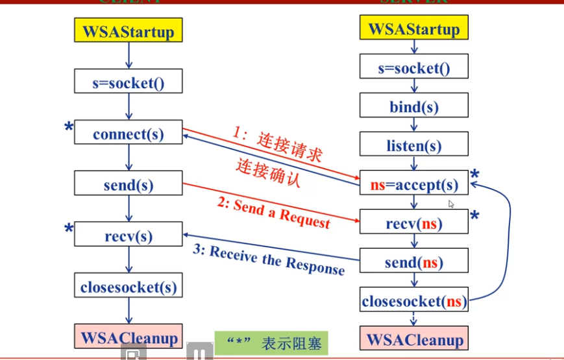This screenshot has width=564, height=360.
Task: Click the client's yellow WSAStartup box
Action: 129,31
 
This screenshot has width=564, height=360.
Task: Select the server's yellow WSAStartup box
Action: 413,29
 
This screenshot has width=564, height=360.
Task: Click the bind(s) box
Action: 413,106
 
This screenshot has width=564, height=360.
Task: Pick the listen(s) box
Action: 413,145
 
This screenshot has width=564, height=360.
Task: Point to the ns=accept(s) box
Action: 413,184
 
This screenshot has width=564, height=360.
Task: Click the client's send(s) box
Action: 129,184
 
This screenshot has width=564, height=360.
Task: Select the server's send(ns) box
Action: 413,261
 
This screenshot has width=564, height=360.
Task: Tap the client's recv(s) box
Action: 129,235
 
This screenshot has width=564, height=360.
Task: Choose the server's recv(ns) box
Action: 413,223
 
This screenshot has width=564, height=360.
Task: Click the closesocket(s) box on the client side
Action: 129,285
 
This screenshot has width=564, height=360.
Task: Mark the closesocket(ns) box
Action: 413,300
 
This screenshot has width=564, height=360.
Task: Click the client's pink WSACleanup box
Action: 129,337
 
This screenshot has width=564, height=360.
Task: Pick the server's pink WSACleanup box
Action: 413,339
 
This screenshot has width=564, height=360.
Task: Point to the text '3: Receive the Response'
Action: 269,259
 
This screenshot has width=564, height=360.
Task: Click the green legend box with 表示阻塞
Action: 271,343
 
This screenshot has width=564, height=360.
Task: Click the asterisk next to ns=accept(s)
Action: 474,174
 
